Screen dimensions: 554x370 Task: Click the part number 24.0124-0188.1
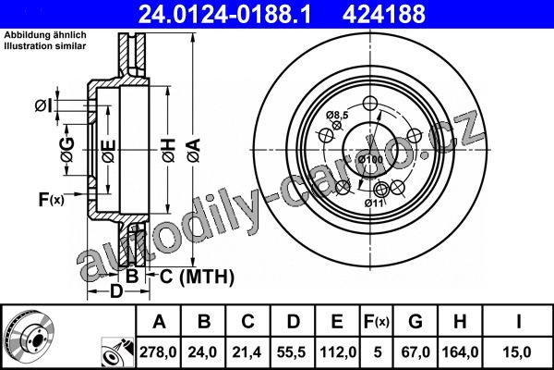[x=224, y=14]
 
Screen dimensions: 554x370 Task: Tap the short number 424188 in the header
[x=384, y=14]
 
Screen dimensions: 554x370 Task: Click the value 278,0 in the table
[x=158, y=351]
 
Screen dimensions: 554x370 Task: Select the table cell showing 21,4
[x=247, y=351]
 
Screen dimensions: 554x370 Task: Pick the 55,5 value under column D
[x=292, y=351]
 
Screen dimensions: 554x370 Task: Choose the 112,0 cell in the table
[x=338, y=351]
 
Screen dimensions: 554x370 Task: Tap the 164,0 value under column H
[x=460, y=351]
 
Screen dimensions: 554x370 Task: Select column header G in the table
[x=415, y=322]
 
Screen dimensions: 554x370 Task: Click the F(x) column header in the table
[x=377, y=322]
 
